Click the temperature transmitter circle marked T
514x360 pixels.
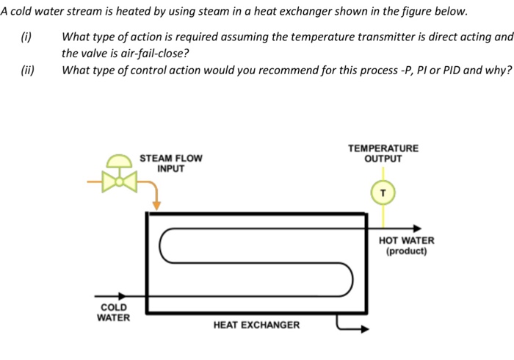[x=383, y=192]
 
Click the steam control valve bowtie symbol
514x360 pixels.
[x=120, y=181]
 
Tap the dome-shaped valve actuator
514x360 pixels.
[x=120, y=162]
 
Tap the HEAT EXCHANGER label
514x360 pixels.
[x=256, y=325]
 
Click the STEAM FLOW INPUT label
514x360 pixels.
[x=170, y=163]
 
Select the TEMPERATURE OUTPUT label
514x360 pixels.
[x=383, y=154]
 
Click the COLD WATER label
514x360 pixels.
[x=113, y=312]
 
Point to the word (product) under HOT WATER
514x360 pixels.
[x=406, y=251]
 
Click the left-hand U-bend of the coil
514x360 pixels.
[x=163, y=245]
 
